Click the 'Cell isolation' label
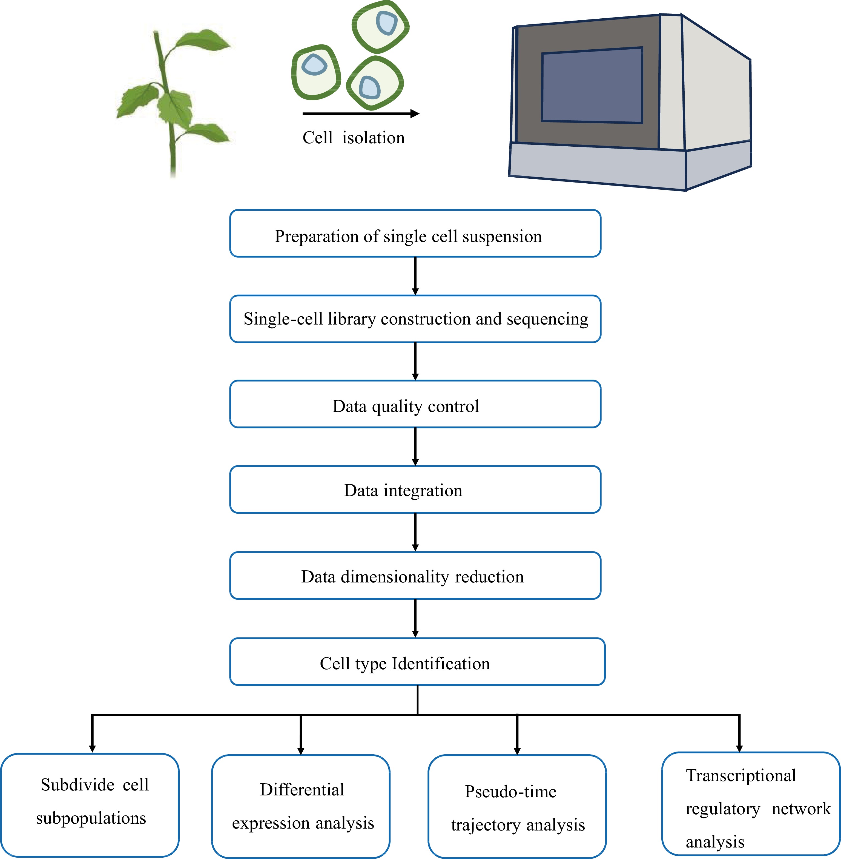pos(353,138)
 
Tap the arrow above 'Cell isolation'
pos(360,114)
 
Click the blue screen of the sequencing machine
pos(592,85)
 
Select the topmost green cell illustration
pos(381,27)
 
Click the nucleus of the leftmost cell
pos(314,66)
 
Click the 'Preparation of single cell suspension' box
pos(415,234)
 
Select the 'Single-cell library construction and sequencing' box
pos(415,319)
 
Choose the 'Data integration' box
pos(415,490)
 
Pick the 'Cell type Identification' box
pos(417,662)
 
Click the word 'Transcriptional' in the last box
pos(741,775)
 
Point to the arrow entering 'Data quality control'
pos(415,361)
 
